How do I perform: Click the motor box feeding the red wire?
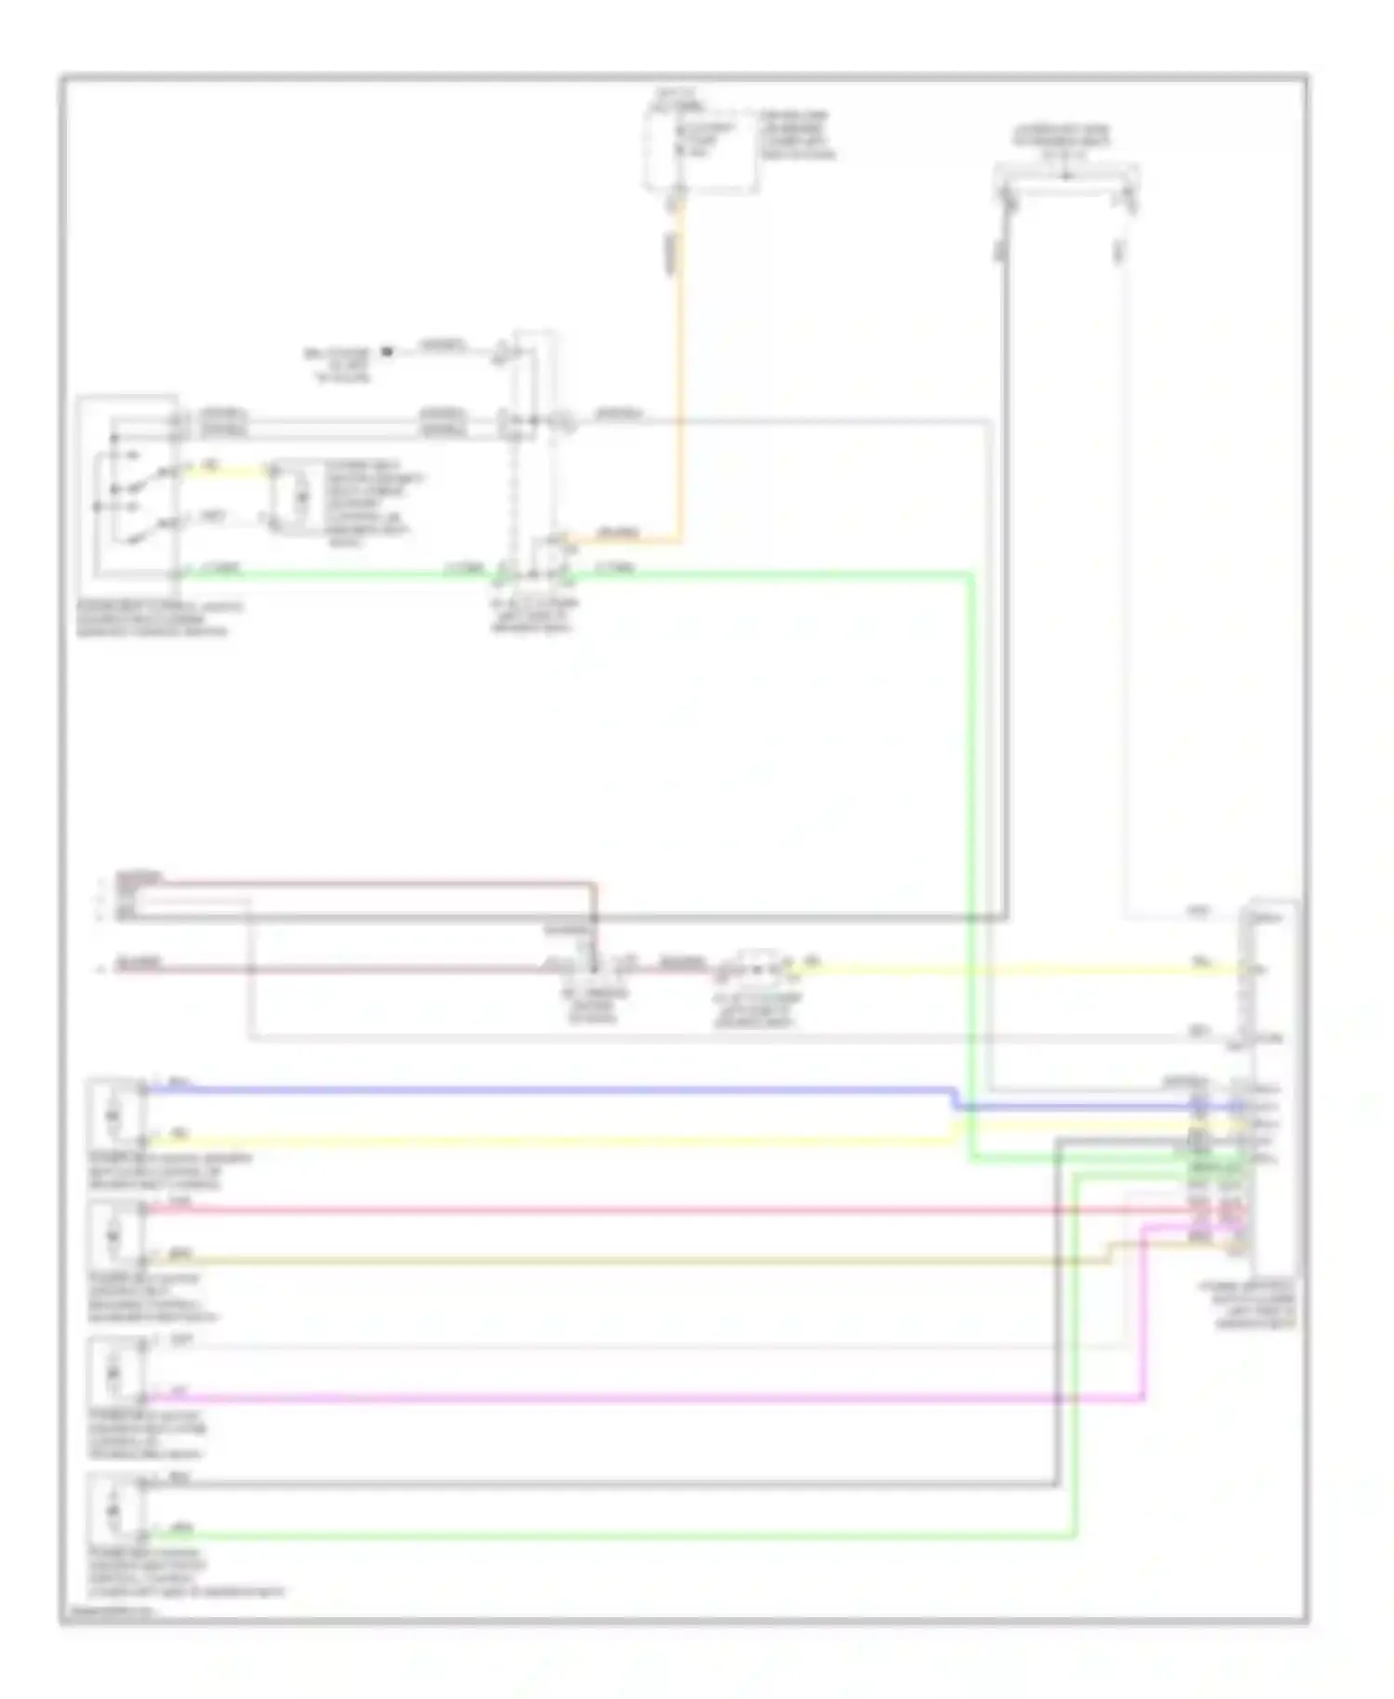(x=114, y=1235)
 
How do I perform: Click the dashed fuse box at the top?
(x=702, y=149)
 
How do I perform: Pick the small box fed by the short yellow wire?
(x=299, y=497)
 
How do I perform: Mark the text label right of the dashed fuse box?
(x=796, y=136)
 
